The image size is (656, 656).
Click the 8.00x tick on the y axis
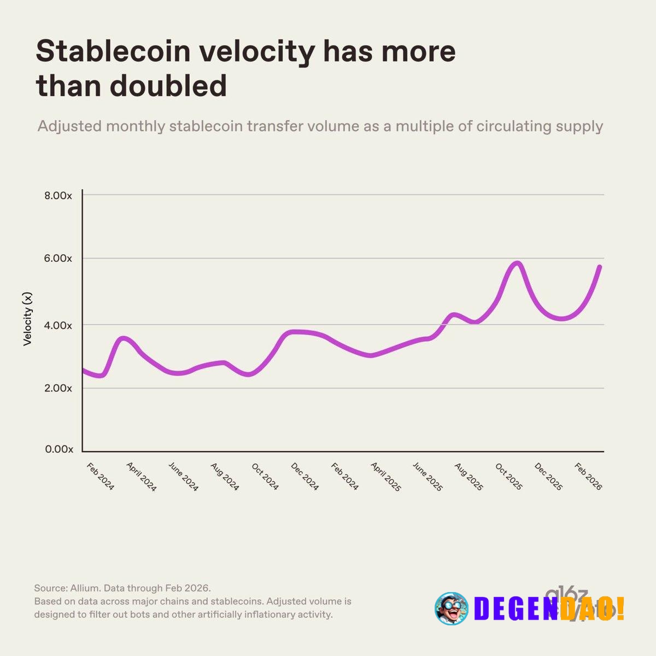pos(58,196)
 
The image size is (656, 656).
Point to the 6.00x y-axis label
pos(58,259)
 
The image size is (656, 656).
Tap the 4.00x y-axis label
pos(58,325)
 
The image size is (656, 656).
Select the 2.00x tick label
pos(58,388)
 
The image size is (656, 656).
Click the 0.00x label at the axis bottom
pos(59,449)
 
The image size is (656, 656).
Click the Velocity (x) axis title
pos(28,319)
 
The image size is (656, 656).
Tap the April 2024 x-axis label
pos(141,477)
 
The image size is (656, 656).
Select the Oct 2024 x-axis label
pos(265,477)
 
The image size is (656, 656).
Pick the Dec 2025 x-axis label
pos(548,477)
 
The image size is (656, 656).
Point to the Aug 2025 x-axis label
pos(468,477)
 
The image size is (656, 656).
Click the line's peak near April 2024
pos(124,339)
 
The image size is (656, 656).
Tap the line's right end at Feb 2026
pos(600,267)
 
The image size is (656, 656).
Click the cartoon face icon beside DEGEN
pos(451,608)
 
